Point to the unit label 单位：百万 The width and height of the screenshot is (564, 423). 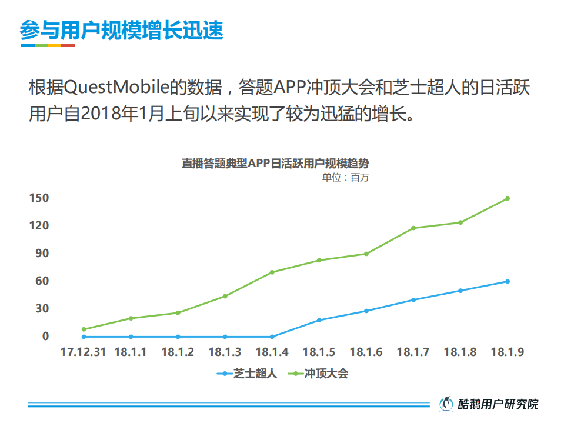click(345, 178)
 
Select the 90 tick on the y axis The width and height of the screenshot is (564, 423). click(41, 254)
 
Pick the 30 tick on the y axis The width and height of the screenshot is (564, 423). click(41, 309)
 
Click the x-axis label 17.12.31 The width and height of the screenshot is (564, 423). click(83, 352)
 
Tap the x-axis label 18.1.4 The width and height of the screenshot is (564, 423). click(272, 352)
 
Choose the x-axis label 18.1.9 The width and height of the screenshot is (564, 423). click(507, 352)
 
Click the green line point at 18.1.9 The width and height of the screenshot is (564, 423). click(507, 198)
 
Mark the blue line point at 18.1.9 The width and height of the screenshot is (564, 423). click(507, 281)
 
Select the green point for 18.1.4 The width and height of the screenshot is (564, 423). click(272, 272)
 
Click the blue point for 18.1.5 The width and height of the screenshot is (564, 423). click(319, 320)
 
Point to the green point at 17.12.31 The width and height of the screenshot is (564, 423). click(84, 329)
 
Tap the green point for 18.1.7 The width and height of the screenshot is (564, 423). click(413, 228)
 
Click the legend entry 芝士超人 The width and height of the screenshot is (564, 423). click(247, 374)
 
